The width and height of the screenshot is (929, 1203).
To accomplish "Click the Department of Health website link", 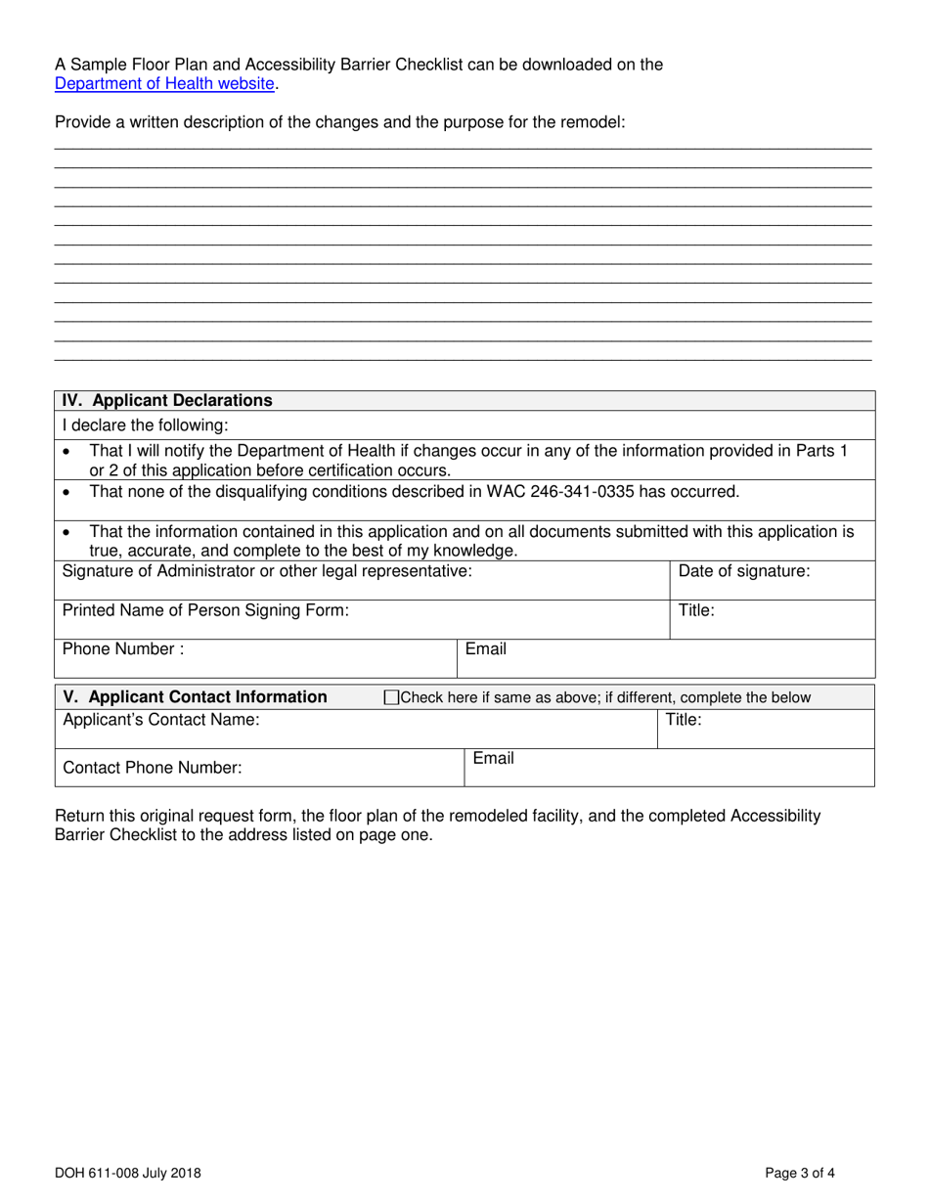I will coord(164,84).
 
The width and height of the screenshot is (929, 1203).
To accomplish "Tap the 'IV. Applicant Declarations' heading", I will coord(167,400).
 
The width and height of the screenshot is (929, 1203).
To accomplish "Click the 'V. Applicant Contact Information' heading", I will coord(195,697).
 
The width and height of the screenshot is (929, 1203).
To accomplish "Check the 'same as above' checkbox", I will coord(392,698).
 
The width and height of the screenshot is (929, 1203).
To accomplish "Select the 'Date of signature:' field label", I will coord(743,571).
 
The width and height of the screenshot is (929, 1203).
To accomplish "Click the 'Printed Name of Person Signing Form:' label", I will coord(205,610).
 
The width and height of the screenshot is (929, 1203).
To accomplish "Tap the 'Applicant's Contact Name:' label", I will coord(161,720).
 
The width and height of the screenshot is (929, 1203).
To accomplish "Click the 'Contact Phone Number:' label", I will coord(152,769).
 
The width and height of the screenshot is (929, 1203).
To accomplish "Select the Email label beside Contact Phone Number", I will coord(494,759).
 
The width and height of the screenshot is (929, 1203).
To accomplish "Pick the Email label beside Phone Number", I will coord(486,648).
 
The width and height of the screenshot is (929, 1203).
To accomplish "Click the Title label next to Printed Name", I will coord(696,610).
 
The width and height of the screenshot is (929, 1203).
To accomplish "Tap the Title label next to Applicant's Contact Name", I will coord(684,720).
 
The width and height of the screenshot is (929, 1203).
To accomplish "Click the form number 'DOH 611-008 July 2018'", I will coord(129,1172).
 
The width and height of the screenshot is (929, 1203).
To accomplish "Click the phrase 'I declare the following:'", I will coord(145,425).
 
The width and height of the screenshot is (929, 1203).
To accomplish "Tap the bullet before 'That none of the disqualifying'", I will coord(66,492).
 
